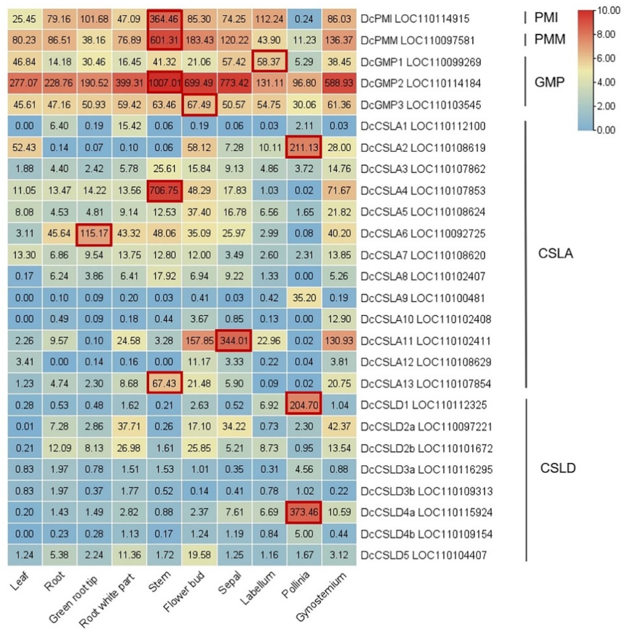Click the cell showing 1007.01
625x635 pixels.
pyautogui.click(x=164, y=83)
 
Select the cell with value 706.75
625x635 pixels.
pyautogui.click(x=164, y=190)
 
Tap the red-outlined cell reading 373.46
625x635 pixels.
pyautogui.click(x=304, y=512)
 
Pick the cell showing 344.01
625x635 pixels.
pyautogui.click(x=234, y=341)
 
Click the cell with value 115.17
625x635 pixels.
pyautogui.click(x=94, y=234)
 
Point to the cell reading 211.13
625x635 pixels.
pyautogui.click(x=304, y=147)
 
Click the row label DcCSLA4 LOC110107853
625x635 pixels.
pyautogui.click(x=423, y=190)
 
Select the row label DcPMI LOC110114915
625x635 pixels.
pyautogui.click(x=415, y=19)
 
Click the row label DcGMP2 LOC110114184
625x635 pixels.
pyautogui.click(x=421, y=83)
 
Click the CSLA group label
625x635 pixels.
pyautogui.click(x=555, y=253)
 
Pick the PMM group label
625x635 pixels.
pyautogui.click(x=550, y=39)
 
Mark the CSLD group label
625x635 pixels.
pyautogui.click(x=558, y=468)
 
